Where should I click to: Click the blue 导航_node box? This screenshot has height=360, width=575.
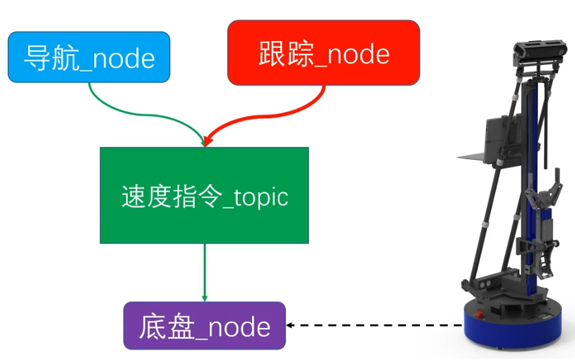89,57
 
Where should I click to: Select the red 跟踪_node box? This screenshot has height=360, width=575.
323,53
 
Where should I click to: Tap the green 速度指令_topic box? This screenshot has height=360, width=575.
204,195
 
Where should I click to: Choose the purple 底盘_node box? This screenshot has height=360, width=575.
204,326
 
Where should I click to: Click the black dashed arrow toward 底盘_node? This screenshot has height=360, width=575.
376,326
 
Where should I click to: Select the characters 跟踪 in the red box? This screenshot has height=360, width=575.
279,53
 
